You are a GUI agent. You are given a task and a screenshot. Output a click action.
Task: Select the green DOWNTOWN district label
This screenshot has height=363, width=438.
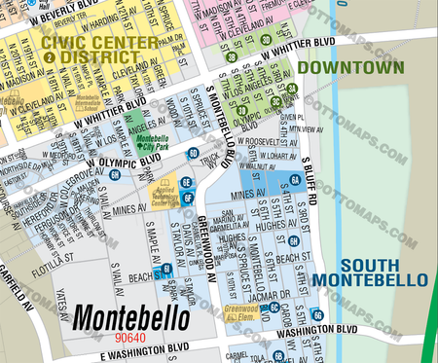350,68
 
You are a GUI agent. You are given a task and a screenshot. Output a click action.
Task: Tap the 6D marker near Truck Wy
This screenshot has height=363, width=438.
194,154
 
